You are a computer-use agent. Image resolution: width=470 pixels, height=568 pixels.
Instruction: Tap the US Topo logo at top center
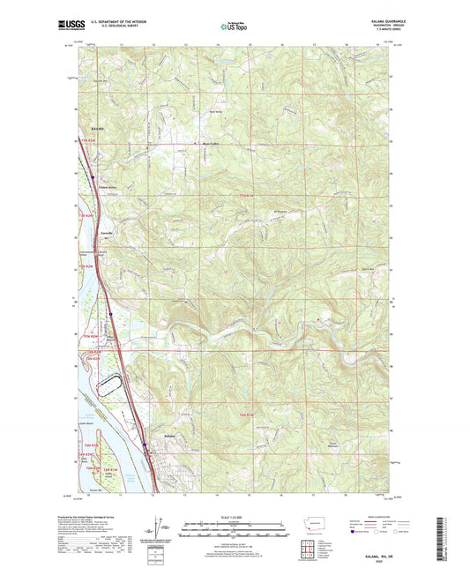(x=234, y=27)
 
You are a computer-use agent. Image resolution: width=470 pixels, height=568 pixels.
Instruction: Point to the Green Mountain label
(x=333, y=445)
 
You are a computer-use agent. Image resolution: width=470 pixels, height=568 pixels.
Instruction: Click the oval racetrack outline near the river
(x=109, y=384)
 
